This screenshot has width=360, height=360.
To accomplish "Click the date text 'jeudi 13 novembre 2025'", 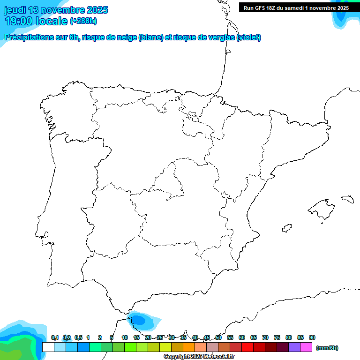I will tap(56, 10).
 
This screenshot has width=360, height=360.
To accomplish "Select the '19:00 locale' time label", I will tap(36, 21).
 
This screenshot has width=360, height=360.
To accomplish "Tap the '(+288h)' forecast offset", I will tap(83, 21).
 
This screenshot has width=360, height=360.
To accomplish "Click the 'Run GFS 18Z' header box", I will tap(296, 7).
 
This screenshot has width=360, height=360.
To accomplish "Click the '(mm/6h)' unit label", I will tap(327, 347).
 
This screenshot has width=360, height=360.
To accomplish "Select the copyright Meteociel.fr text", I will tap(199, 356).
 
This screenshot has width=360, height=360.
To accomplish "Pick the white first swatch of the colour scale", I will tap(48, 347).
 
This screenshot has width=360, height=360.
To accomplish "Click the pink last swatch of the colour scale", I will tap(306, 347).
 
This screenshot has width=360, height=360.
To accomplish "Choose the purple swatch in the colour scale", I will tap(294, 347).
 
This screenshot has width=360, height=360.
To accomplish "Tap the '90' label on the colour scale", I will tap(312, 337).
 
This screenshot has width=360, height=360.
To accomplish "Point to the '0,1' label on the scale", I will tap(55, 337).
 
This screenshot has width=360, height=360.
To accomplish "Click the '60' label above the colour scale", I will tap(242, 337).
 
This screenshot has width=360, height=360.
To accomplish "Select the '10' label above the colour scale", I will tap(125, 337).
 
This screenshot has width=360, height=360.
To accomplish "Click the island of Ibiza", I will tap(286, 228).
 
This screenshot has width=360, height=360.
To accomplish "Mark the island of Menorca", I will tap(347, 199).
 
